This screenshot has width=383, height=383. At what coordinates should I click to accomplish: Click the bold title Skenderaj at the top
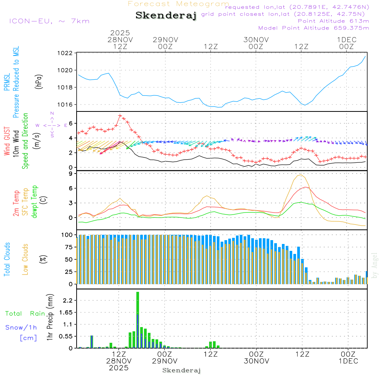click(x=166, y=16)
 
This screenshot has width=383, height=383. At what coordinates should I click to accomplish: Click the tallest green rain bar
click(x=137, y=320)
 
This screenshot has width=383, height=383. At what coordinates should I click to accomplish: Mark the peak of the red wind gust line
click(x=120, y=115)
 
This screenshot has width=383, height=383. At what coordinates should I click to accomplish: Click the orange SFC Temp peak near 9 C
click(x=301, y=175)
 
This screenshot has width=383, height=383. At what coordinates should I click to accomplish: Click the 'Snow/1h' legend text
click(x=21, y=328)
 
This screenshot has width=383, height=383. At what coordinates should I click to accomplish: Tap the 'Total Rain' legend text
click(x=25, y=314)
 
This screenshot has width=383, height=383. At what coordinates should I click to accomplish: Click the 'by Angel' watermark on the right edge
click(x=375, y=265)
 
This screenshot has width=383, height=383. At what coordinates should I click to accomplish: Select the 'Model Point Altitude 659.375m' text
click(x=314, y=28)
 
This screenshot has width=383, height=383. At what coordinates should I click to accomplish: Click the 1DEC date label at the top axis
click(x=347, y=40)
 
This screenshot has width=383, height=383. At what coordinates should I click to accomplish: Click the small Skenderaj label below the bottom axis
click(x=182, y=370)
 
